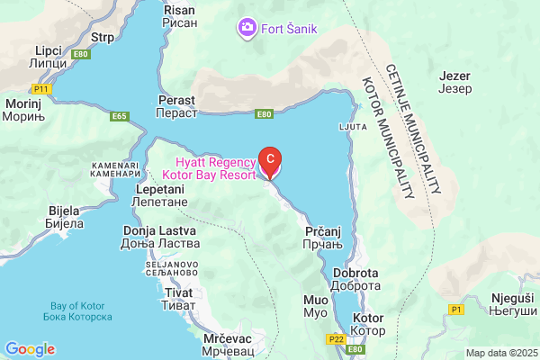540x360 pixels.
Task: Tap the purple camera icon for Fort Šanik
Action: click(x=247, y=28)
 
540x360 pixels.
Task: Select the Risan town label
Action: click(x=175, y=15)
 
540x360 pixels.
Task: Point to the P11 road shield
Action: click(x=40, y=89)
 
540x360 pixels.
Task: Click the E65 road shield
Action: click(x=119, y=116)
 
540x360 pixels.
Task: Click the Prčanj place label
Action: click(x=320, y=238)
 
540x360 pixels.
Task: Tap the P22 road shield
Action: click(x=337, y=339)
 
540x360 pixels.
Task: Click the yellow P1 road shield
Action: click(x=456, y=309)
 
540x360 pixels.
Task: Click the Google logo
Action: click(x=30, y=349)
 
